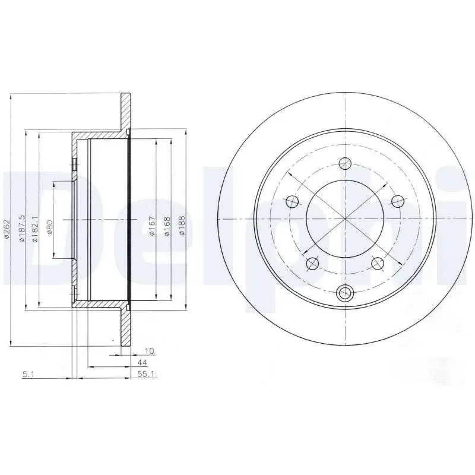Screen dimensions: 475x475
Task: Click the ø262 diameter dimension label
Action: (8, 230)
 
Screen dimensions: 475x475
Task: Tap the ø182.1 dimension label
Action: (34, 229)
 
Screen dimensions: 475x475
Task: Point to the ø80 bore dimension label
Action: (50, 227)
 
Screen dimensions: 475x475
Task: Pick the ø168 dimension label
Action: (167, 226)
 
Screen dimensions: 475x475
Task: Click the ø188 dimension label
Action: (182, 226)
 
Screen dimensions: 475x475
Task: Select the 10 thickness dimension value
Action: (150, 351)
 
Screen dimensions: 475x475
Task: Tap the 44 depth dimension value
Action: (142, 363)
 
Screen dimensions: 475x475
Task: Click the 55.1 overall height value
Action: (146, 374)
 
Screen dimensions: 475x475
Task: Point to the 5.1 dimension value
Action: (28, 375)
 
